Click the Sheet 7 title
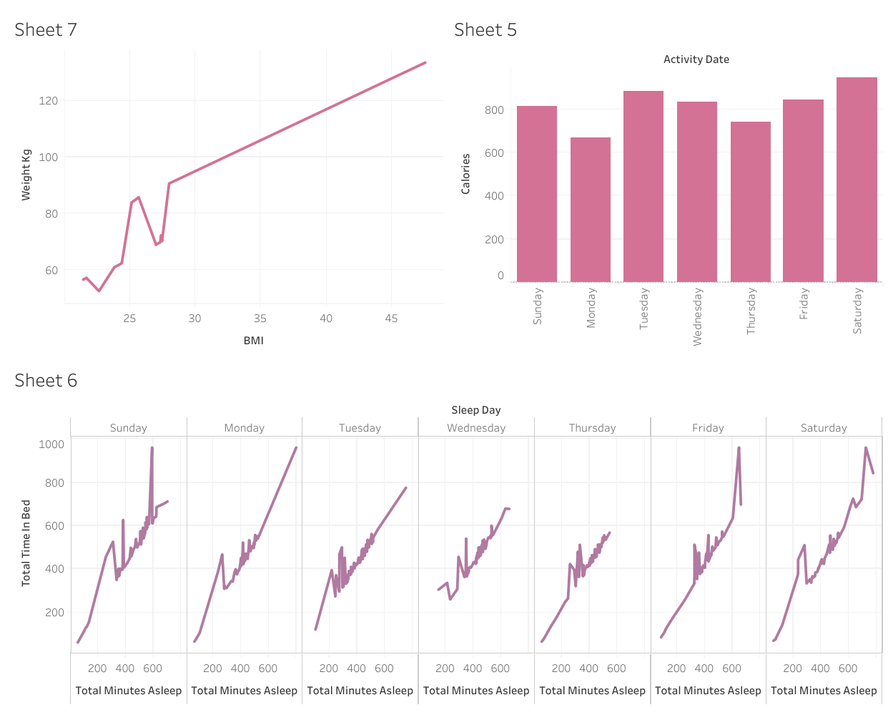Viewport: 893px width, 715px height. coord(46,30)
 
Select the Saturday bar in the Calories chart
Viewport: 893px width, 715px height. coord(856,180)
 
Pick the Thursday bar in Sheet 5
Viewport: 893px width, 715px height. coord(750,202)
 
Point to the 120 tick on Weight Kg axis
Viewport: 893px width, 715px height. coord(49,101)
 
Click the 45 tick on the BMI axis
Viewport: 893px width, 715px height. coord(391,318)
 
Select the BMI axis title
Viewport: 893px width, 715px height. coord(253,341)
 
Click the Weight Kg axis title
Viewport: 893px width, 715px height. coord(26,175)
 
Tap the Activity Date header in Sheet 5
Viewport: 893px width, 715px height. coord(696,59)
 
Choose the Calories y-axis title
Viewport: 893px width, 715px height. coord(466,174)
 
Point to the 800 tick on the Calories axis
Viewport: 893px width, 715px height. coord(494,110)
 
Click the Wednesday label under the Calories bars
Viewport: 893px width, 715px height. coord(698,316)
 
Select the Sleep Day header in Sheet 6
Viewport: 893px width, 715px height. coord(475,410)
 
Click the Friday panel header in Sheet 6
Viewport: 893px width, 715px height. coord(708,428)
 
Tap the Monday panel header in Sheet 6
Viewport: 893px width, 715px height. coord(244,428)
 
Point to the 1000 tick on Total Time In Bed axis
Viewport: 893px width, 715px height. coord(51,444)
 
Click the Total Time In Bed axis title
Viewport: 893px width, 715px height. coord(26,543)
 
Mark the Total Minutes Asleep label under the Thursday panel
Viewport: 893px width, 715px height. coord(592,691)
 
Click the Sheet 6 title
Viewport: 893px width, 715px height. coord(46,381)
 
